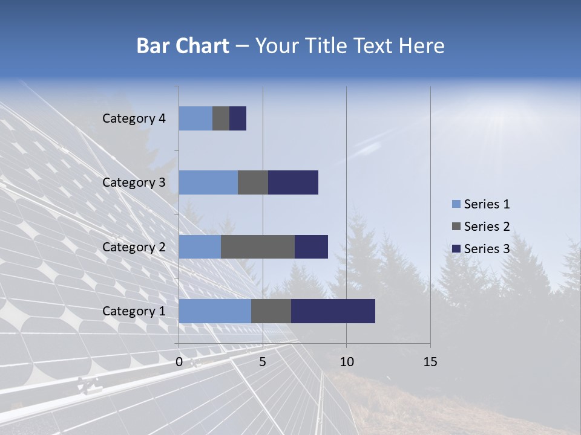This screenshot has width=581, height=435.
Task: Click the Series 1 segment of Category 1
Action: (215, 311)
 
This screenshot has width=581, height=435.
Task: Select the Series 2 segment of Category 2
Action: (258, 246)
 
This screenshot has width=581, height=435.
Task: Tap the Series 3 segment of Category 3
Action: (293, 182)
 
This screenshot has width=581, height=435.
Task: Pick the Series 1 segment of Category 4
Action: (195, 118)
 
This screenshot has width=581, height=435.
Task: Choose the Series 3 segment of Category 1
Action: (333, 311)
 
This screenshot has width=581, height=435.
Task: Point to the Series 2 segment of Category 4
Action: (221, 118)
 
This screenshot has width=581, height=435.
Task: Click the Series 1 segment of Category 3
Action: (208, 182)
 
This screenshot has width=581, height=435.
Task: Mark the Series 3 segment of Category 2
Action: (311, 246)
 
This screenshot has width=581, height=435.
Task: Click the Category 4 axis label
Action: (134, 118)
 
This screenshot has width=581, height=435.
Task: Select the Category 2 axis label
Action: (134, 246)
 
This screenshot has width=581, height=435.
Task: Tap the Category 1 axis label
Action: (134, 311)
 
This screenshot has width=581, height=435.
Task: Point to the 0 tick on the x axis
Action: (179, 362)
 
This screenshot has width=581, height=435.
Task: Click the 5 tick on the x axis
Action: (263, 362)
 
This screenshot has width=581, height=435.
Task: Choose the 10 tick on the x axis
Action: (346, 362)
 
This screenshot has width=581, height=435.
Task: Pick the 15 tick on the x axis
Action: (430, 362)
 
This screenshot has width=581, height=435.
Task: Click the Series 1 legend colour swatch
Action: (456, 204)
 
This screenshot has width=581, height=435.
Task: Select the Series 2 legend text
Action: (487, 227)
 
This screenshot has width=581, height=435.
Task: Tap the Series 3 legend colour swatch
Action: (456, 249)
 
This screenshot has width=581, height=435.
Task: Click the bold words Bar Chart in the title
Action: (182, 46)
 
